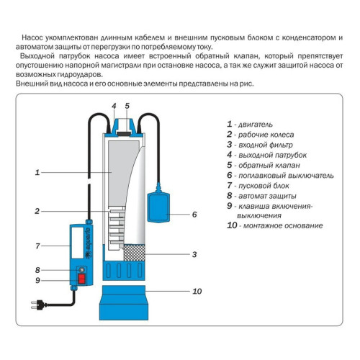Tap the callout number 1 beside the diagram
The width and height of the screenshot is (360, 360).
[37, 172]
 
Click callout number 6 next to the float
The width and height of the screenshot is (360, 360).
[194, 214]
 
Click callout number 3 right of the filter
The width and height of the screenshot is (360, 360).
[194, 254]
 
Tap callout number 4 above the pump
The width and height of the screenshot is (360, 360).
[113, 106]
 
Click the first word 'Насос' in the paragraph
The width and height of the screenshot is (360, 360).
[32, 36]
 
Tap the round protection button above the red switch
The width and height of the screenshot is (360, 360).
[81, 269]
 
